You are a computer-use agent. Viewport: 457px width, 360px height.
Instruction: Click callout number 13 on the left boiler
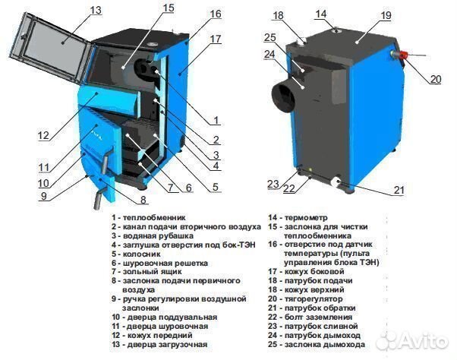point(95,10)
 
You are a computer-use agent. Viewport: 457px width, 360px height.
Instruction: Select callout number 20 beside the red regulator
point(434,79)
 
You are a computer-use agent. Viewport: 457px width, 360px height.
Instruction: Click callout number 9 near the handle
point(43,195)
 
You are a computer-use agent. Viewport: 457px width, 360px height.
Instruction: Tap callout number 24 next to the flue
point(269,55)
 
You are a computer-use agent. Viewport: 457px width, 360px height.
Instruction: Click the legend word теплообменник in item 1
point(153,216)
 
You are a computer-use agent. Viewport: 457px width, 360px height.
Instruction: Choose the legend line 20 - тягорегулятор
point(307,298)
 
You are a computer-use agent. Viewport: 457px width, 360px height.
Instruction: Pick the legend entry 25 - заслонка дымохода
point(317,344)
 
